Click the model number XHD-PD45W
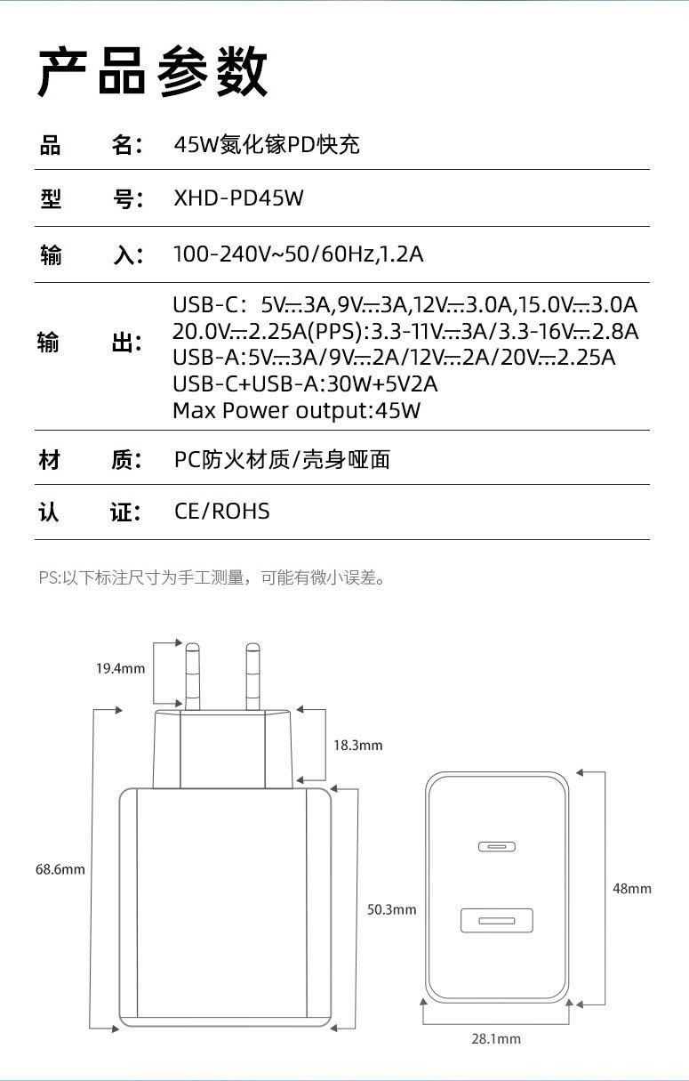point(238,198)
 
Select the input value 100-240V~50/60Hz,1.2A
point(298,254)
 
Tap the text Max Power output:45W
point(296,410)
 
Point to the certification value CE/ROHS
point(221,511)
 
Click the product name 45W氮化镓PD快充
point(266,144)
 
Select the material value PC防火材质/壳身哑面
point(282,459)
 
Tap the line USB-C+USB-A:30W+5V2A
point(305,384)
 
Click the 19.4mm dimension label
point(120,669)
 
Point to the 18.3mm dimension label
point(357,745)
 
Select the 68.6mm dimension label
point(60,869)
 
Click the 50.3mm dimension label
point(391,909)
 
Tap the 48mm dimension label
point(632,888)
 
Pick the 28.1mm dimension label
point(496,1038)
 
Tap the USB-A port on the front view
point(496,920)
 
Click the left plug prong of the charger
point(194,674)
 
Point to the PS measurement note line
point(212,578)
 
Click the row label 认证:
point(89,512)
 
